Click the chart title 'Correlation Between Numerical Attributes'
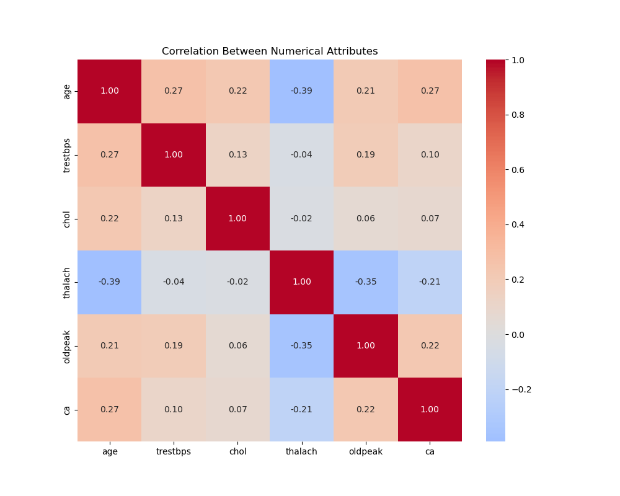pos(270,51)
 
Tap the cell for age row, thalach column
pos(301,91)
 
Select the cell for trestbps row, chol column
pos(237,155)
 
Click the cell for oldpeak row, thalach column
pos(301,346)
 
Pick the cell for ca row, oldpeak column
pos(366,410)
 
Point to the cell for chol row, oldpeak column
pos(366,219)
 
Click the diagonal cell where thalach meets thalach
pos(301,282)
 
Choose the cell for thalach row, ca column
pos(430,282)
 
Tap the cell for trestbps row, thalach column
pos(301,155)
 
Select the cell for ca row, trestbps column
pos(174,410)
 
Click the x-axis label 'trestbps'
pos(174,452)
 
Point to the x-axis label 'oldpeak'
pos(366,452)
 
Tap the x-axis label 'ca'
pos(430,452)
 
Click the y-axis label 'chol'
pos(67,219)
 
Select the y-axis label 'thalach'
pos(67,282)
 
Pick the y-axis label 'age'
pos(67,91)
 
